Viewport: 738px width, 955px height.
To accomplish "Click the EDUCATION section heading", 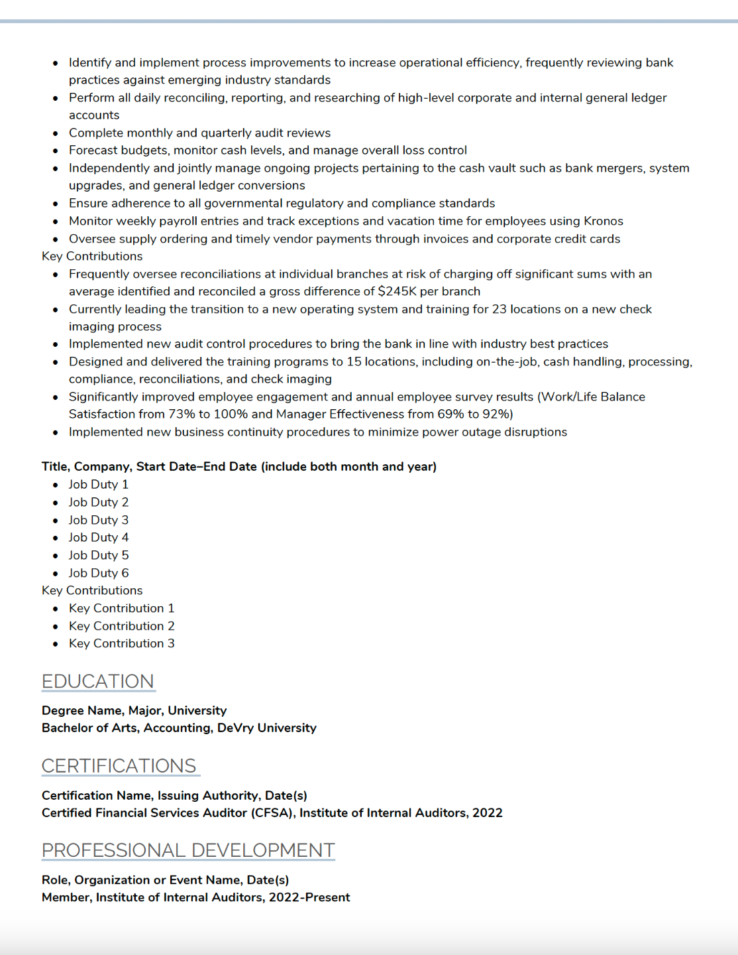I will point(97,681).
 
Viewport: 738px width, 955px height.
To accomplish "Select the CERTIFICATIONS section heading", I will point(119,765).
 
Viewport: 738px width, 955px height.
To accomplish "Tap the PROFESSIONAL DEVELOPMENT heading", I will point(188,850).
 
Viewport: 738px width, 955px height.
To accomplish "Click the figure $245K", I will point(397,291).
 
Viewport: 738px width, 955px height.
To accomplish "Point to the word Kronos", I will point(603,221).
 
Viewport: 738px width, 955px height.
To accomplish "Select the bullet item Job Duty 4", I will point(98,537).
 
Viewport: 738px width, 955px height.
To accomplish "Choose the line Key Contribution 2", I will point(121,625).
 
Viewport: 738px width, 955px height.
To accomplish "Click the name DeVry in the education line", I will point(235,728).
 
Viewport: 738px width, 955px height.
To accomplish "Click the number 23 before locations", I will point(499,309).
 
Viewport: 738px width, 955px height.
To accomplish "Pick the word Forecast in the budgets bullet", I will point(95,150).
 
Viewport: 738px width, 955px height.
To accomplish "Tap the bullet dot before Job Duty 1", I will point(56,485).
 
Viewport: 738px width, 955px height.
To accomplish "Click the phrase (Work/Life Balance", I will point(591,397).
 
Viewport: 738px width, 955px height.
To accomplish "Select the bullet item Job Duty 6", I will point(98,572).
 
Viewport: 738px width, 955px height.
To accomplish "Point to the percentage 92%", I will point(498,414).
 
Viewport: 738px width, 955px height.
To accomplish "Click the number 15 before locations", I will point(354,361).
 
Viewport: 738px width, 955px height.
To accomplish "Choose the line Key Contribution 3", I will point(121,643).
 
